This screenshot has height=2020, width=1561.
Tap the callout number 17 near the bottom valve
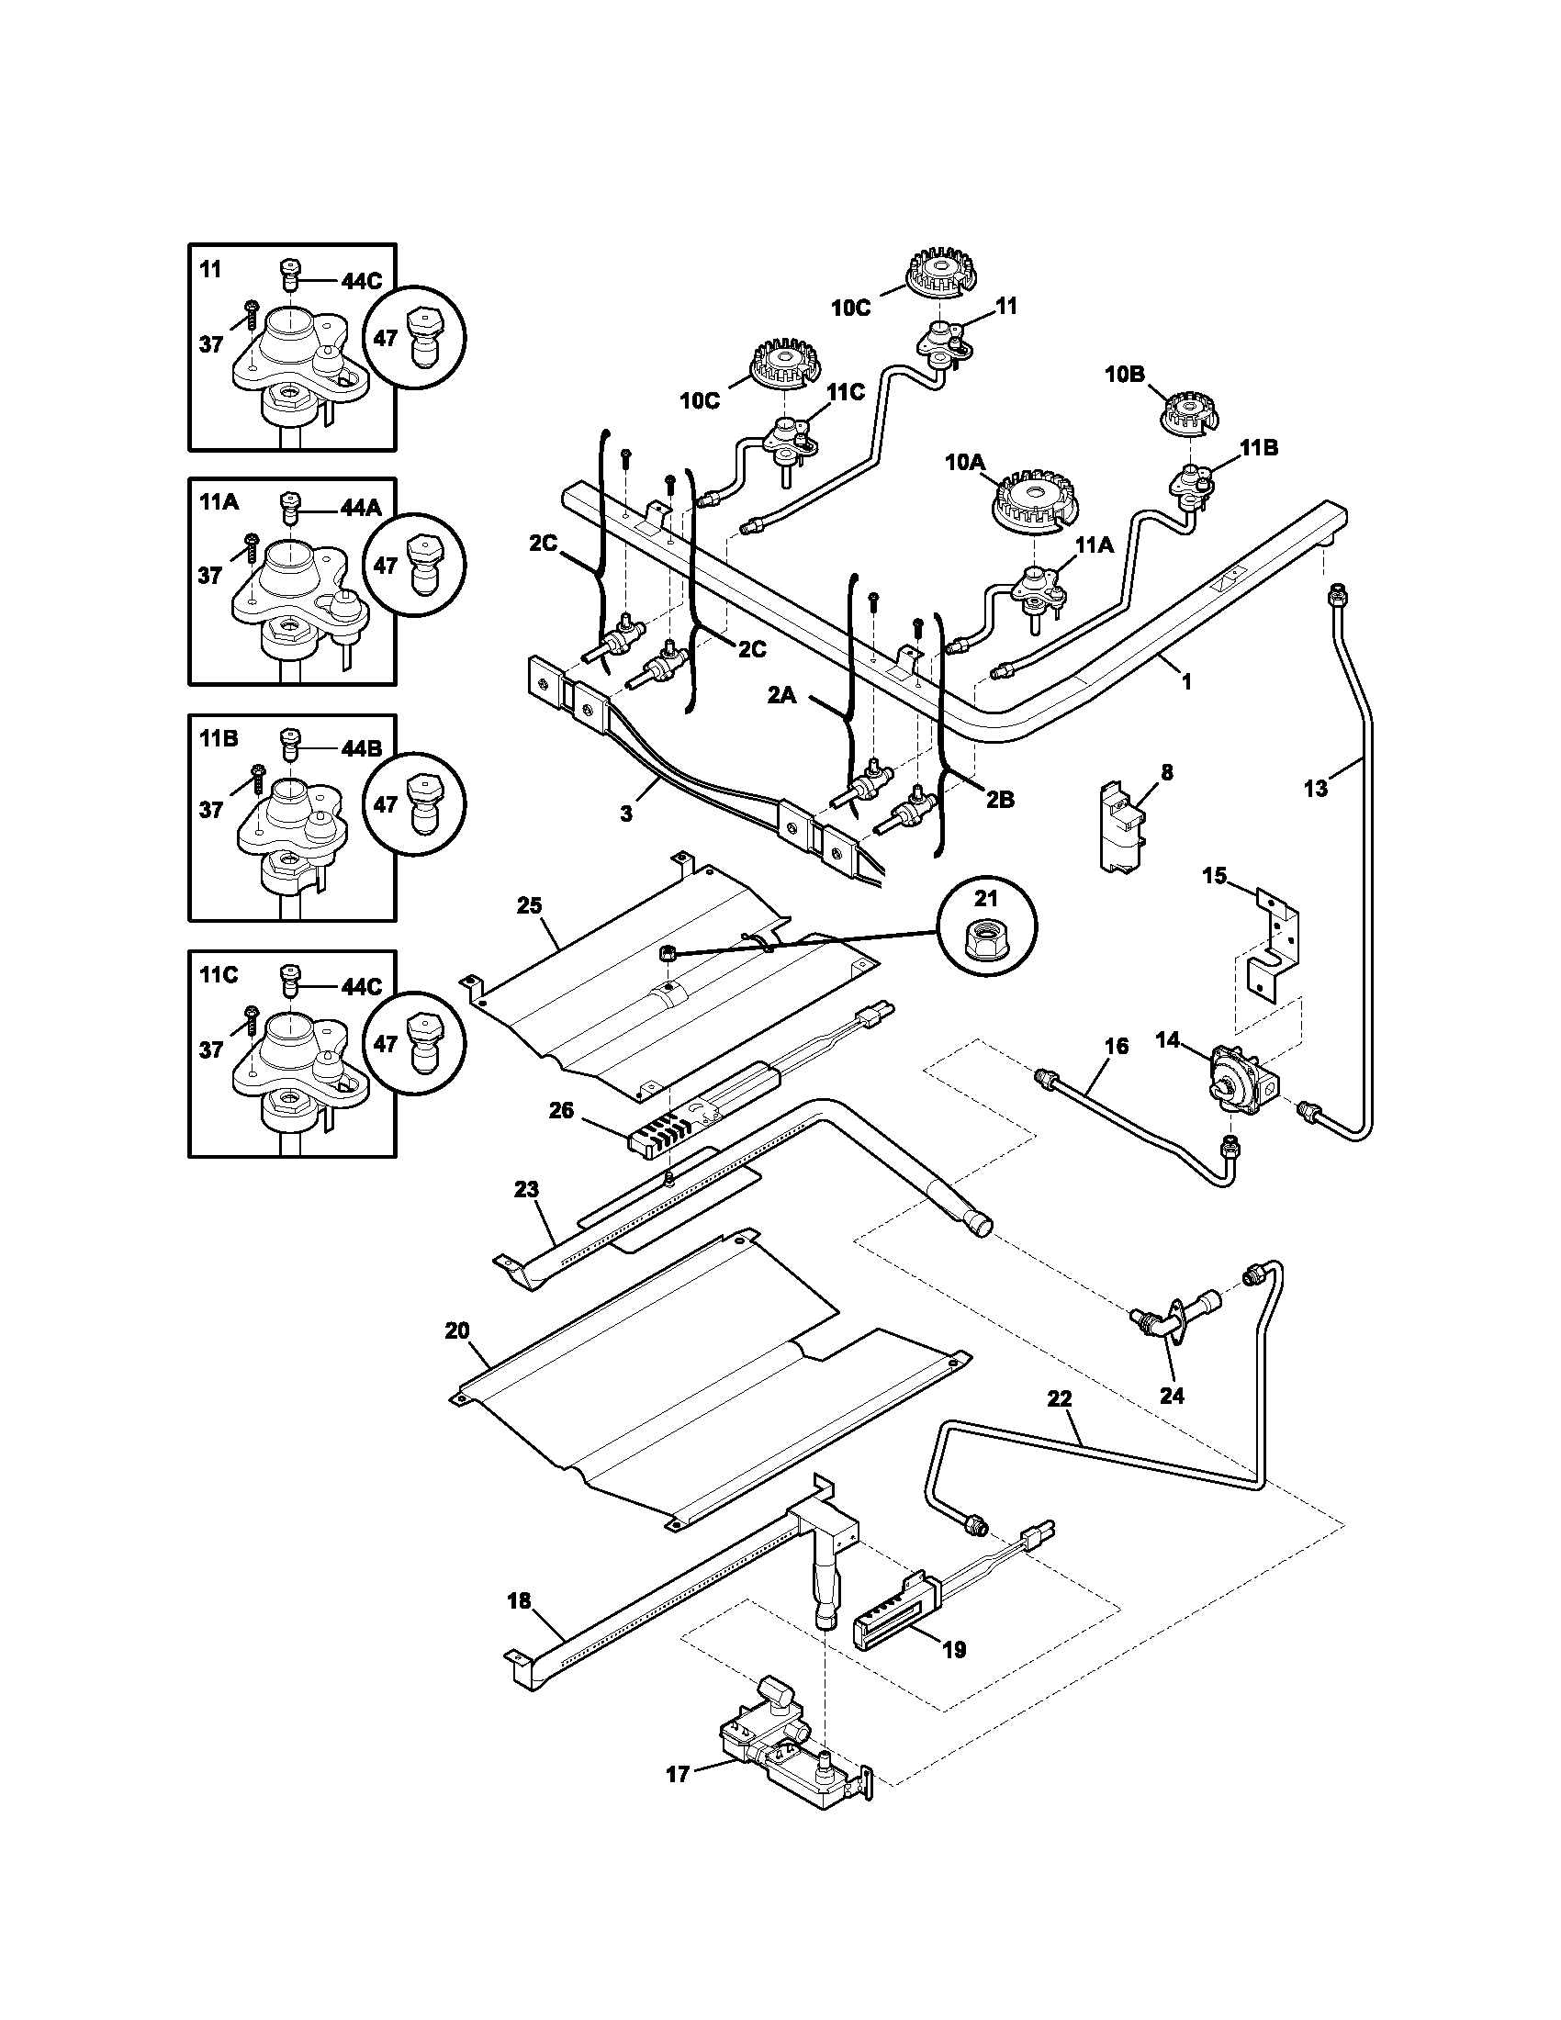(678, 1775)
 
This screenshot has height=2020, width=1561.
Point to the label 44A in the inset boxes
(362, 508)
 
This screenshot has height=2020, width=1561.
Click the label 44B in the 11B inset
(362, 748)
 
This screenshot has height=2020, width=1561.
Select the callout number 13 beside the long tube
(1315, 788)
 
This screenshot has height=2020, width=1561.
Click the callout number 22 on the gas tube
(1060, 1398)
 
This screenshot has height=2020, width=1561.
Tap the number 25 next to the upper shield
(529, 905)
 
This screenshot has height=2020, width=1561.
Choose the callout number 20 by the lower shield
(457, 1331)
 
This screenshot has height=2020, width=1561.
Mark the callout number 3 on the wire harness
(626, 814)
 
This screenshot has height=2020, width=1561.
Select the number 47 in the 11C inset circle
(386, 1043)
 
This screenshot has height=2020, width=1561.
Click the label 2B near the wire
(999, 800)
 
